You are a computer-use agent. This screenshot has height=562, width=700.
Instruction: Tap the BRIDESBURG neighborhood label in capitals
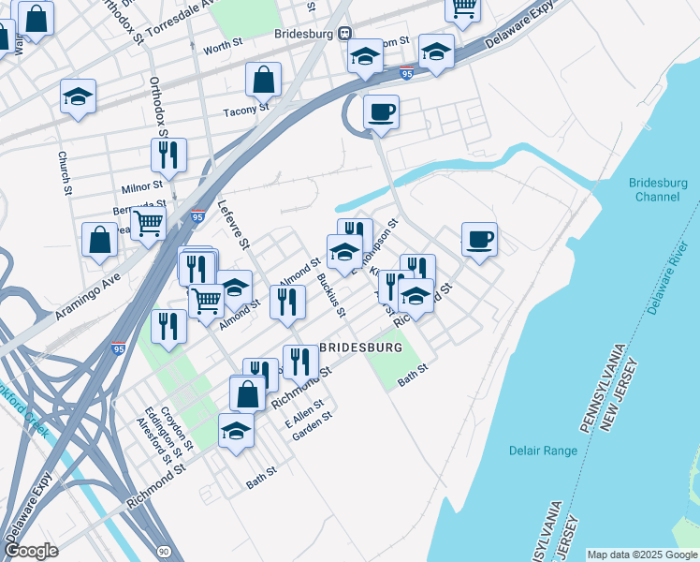pyautogui.click(x=361, y=348)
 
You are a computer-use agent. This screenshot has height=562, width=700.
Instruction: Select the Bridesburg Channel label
pyautogui.click(x=655, y=189)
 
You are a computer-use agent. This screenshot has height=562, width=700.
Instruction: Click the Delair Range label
pyautogui.click(x=543, y=451)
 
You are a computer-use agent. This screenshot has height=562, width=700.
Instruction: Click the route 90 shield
pyautogui.click(x=164, y=552)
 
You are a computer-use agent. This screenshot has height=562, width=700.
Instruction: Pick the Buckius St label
pyautogui.click(x=330, y=293)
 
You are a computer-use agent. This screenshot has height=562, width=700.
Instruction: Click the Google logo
pyautogui.click(x=31, y=551)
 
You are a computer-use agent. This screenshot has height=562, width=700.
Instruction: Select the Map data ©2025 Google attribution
pyautogui.click(x=641, y=555)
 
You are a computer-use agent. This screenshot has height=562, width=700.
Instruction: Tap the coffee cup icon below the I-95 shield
pyautogui.click(x=381, y=112)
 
